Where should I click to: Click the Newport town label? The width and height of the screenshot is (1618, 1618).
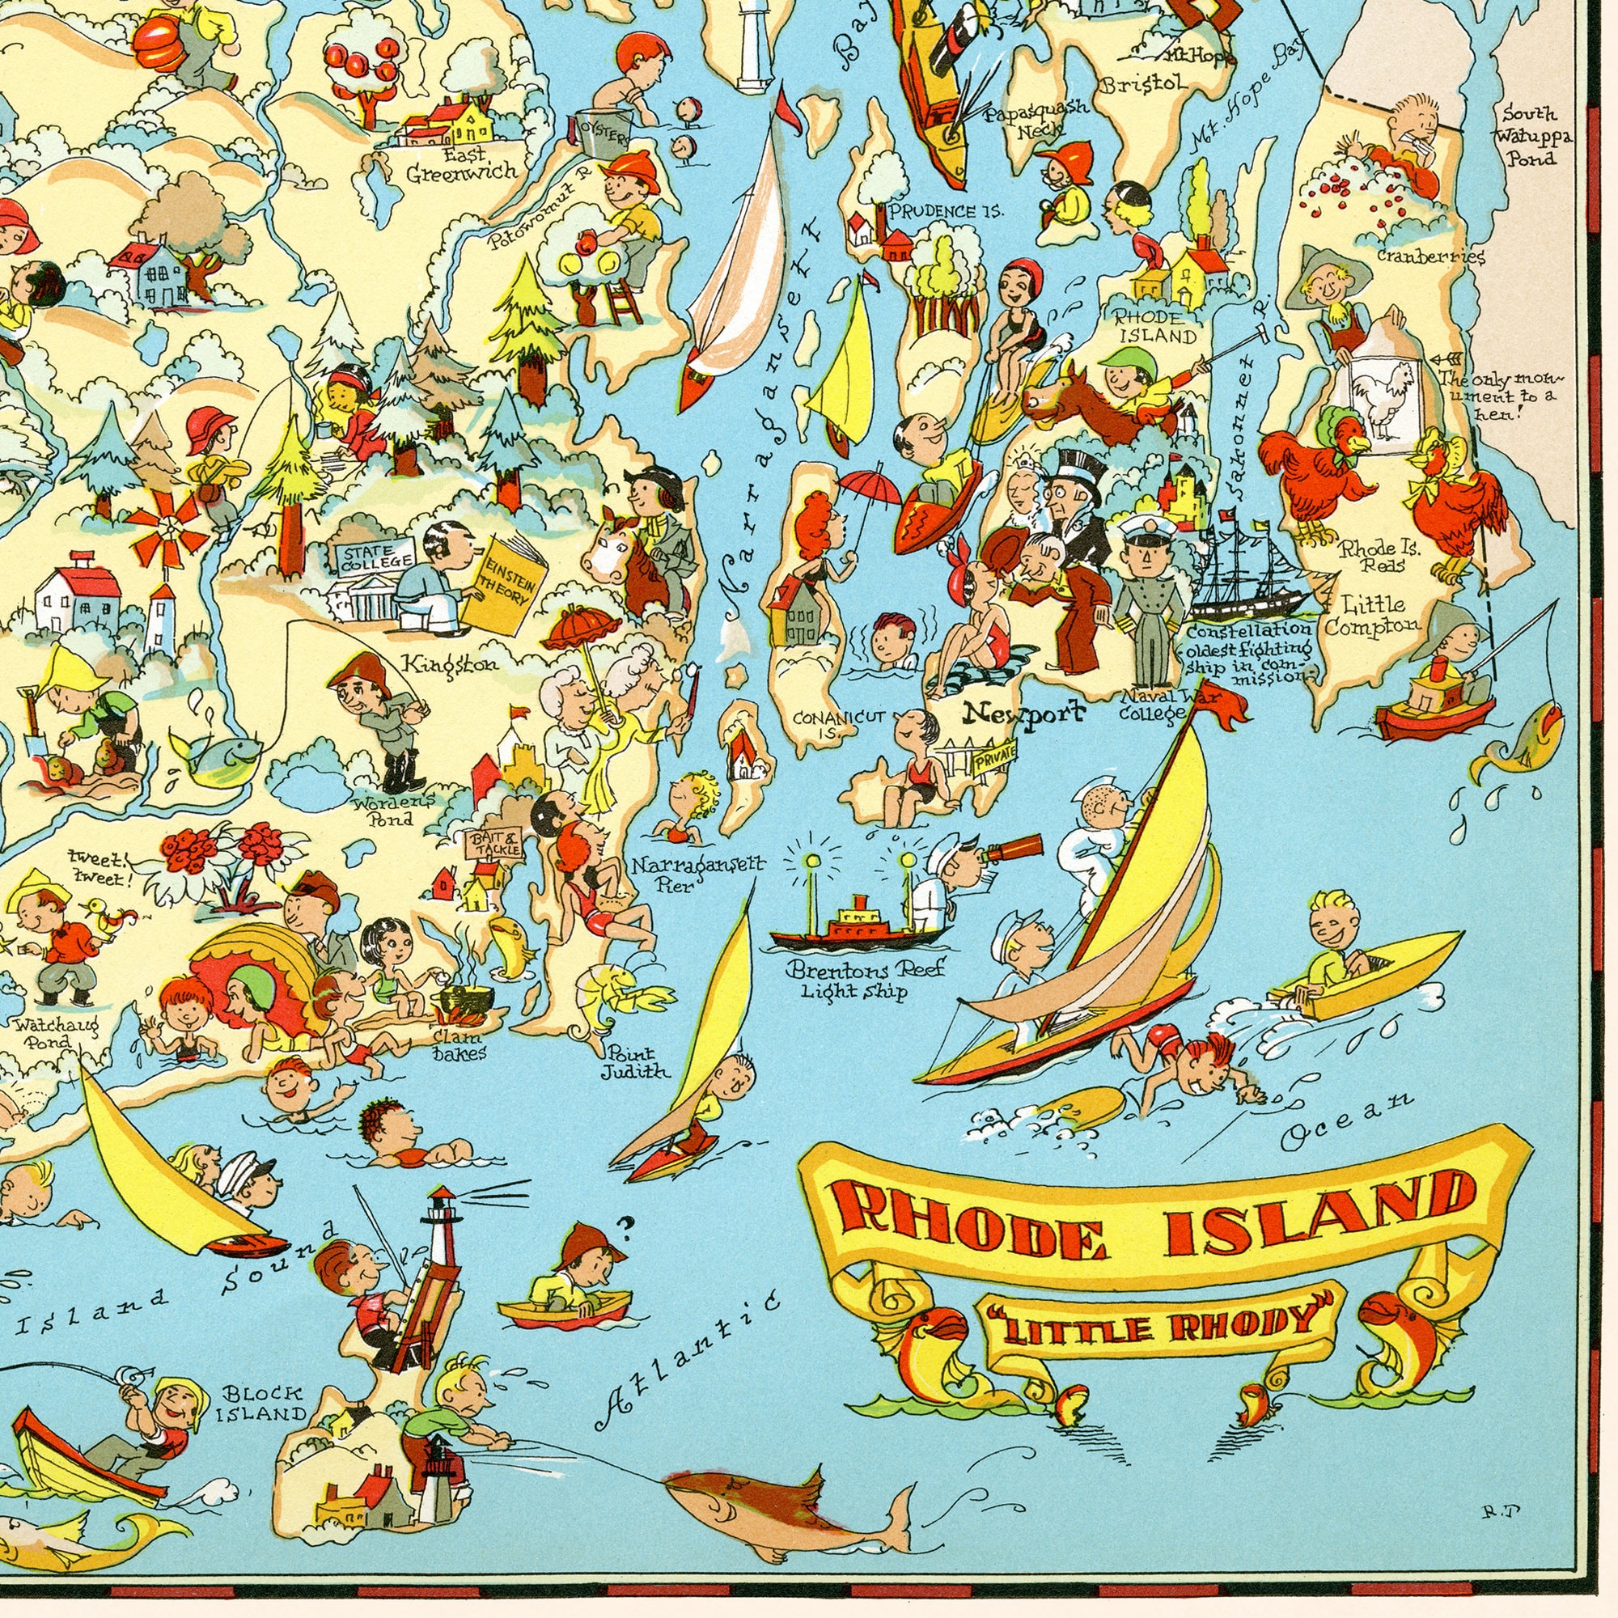tap(1023, 713)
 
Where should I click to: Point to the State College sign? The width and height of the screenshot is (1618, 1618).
tap(375, 556)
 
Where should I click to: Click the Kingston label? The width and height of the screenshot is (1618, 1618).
tap(449, 664)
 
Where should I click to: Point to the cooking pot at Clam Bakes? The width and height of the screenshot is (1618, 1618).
tap(465, 1002)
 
